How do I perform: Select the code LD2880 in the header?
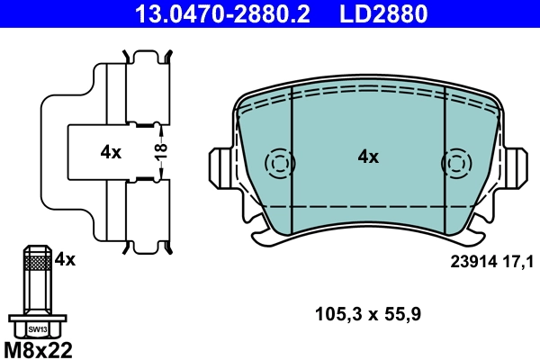click(382, 13)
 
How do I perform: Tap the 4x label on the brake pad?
click(368, 157)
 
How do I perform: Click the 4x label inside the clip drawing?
click(111, 152)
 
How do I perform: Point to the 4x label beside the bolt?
click(65, 260)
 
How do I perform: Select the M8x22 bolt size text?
click(39, 348)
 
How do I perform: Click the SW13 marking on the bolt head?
click(37, 329)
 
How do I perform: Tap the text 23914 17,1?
click(491, 261)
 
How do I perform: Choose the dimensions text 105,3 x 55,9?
click(368, 314)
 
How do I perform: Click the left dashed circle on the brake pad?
click(280, 164)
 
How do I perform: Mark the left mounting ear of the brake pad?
click(220, 168)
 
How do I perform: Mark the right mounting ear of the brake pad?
click(515, 168)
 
